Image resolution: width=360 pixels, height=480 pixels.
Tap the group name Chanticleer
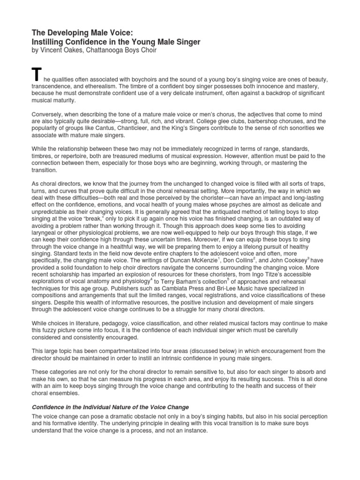(146, 128)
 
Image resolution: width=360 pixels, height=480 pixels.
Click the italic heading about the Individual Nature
(110, 407)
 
